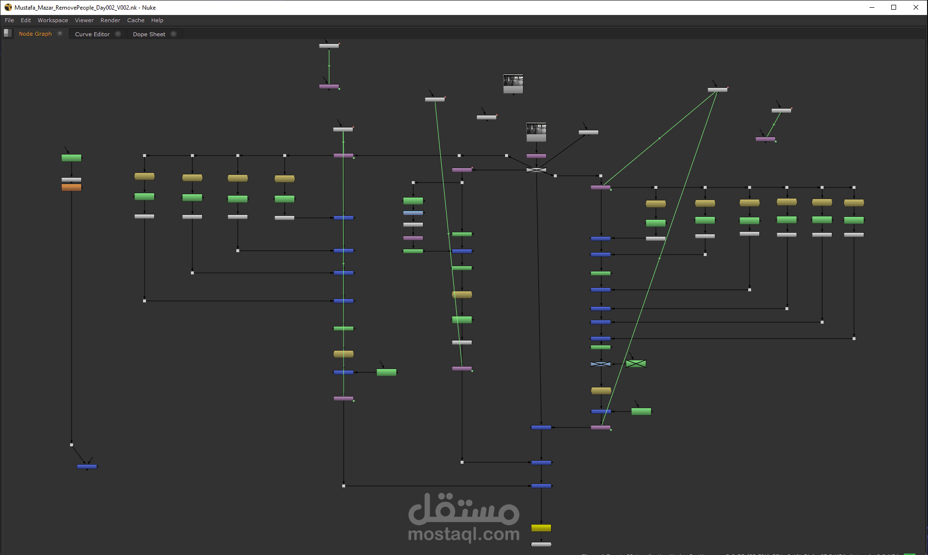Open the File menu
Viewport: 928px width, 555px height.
[9, 20]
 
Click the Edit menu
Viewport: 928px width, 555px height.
[26, 20]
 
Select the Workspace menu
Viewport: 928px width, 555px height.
[53, 20]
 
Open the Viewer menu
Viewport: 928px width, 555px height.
[84, 20]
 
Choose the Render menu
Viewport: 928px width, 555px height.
[110, 20]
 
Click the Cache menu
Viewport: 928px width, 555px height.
[136, 20]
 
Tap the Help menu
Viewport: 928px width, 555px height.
[157, 20]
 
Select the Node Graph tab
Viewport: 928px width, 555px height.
[35, 34]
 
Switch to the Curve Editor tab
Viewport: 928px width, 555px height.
[92, 34]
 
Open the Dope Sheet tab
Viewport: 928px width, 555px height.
[149, 34]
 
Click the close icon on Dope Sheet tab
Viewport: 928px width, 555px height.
[174, 34]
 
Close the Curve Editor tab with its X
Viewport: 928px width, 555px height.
[118, 34]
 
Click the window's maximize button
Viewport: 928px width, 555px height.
[894, 7]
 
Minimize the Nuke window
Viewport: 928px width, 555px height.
[872, 7]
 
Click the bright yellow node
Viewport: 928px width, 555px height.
[541, 528]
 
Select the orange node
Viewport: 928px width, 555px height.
[72, 187]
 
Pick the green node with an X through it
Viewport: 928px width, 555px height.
[636, 364]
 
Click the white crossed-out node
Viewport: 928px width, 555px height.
[536, 170]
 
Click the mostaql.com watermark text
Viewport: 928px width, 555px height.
[464, 534]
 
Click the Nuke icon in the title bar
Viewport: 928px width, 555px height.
[8, 7]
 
